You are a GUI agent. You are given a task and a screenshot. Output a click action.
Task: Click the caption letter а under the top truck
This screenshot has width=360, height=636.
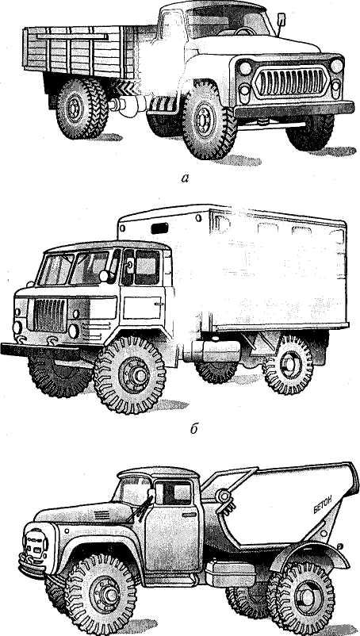tap(184, 178)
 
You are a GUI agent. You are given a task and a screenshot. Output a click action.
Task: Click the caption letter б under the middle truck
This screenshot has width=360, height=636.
tap(194, 429)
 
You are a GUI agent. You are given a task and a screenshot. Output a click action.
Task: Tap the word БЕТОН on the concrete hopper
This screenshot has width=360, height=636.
tap(322, 504)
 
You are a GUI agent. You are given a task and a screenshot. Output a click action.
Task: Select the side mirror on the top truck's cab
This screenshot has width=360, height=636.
tap(281, 19)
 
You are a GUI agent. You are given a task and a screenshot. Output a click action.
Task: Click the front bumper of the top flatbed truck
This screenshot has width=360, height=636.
tap(294, 109)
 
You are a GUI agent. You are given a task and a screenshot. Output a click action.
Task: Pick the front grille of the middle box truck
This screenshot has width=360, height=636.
tap(49, 315)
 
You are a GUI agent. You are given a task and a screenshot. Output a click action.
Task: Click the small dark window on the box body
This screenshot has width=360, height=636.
tap(159, 228)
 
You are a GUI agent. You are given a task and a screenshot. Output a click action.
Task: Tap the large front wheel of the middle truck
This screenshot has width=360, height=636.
tap(129, 374)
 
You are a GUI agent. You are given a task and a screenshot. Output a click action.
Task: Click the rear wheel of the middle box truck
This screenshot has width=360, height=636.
tap(289, 364)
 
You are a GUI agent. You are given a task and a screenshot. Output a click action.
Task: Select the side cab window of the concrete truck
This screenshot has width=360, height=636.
tap(173, 492)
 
